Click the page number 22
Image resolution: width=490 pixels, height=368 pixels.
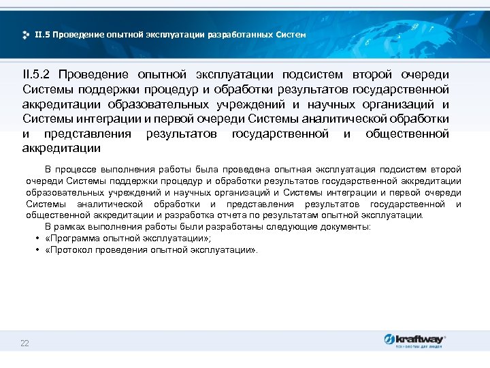(x=24, y=343)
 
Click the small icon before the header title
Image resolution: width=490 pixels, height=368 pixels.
(x=26, y=35)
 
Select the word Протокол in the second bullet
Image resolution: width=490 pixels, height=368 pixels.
(x=70, y=250)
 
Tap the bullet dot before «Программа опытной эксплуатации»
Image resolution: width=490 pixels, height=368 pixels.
(x=37, y=239)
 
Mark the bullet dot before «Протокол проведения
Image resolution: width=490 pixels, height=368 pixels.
(x=37, y=250)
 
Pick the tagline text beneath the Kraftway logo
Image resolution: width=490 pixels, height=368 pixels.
(x=418, y=347)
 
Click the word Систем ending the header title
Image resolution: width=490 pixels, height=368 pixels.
(x=293, y=34)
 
